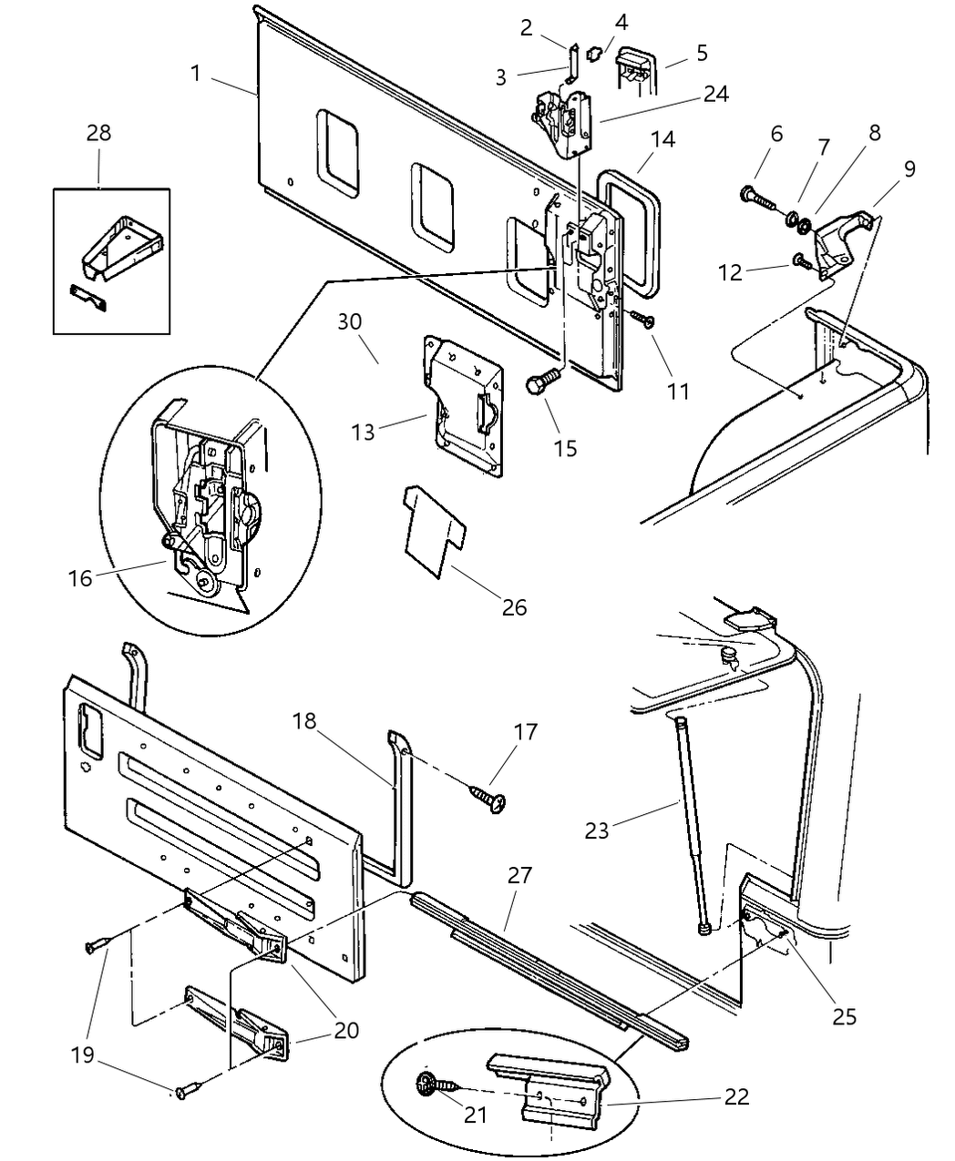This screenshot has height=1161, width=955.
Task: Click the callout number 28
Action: click(x=98, y=133)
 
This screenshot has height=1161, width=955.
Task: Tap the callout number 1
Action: click(x=196, y=73)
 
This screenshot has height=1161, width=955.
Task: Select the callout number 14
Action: click(x=663, y=139)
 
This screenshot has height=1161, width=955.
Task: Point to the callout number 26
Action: click(x=514, y=606)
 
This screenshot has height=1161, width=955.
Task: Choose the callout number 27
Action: click(x=519, y=876)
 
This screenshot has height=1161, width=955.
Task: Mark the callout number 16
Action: click(x=80, y=576)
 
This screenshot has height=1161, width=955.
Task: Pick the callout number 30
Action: click(x=350, y=321)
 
